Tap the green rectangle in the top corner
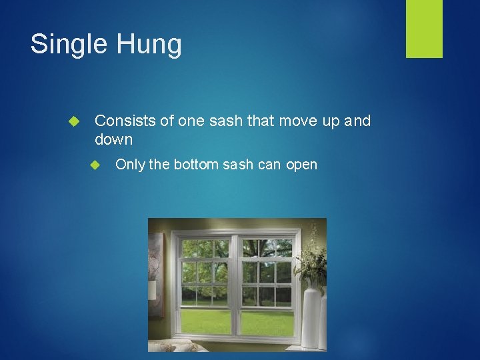424,28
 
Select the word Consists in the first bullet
124,121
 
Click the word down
114,140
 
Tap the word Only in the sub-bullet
130,165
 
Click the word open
302,165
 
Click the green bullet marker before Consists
74,121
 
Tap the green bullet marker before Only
95,165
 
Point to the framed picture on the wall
155,273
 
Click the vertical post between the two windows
235,287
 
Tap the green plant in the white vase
311,263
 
